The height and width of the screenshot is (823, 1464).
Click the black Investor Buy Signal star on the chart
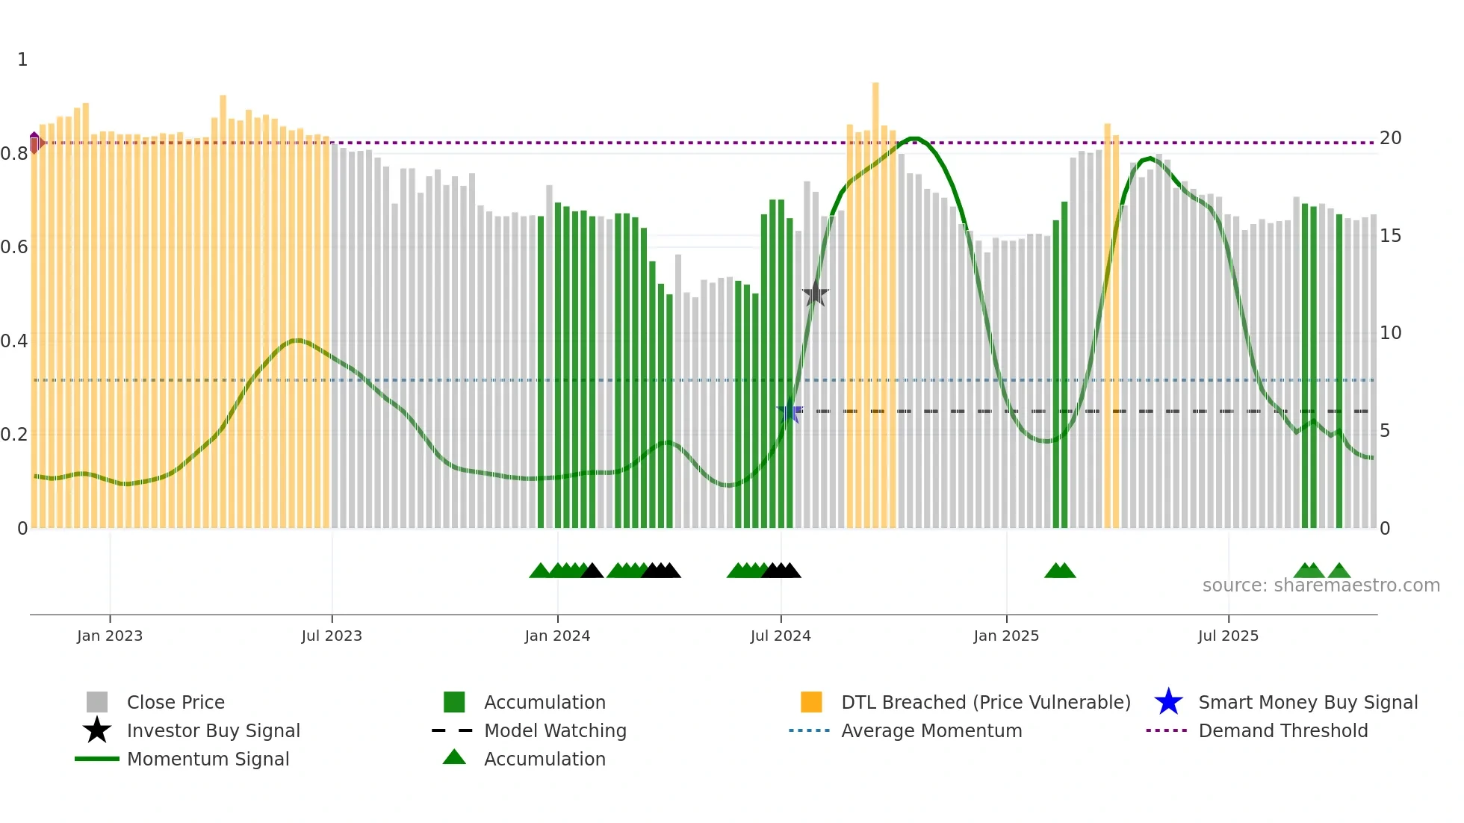[x=815, y=294]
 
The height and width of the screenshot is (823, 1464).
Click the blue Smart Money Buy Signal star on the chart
[x=790, y=411]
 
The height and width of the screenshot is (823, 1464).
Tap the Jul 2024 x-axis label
[x=780, y=636]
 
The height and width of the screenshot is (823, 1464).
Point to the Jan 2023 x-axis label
[x=110, y=636]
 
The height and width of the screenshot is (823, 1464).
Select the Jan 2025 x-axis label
[x=1005, y=636]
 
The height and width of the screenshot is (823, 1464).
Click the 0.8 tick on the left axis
[x=15, y=154]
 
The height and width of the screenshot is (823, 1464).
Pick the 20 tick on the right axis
[x=1390, y=138]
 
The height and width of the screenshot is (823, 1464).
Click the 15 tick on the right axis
[x=1390, y=236]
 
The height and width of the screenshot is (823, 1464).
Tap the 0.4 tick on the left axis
[x=15, y=341]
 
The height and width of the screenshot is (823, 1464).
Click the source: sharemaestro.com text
[x=1321, y=586]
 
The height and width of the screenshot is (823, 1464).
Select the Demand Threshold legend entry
[x=1282, y=730]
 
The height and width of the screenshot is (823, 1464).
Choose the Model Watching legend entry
[x=554, y=730]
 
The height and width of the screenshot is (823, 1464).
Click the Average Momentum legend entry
[x=931, y=730]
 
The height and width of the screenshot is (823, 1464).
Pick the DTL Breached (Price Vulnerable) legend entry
[x=985, y=702]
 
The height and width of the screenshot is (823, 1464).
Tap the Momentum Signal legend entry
[x=208, y=759]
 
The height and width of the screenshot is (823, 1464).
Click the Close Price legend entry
[x=175, y=702]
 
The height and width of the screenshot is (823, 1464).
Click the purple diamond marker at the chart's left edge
[x=34, y=141]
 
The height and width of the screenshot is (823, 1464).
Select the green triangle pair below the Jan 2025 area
[x=1059, y=571]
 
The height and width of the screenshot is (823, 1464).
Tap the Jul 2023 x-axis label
[x=332, y=636]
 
